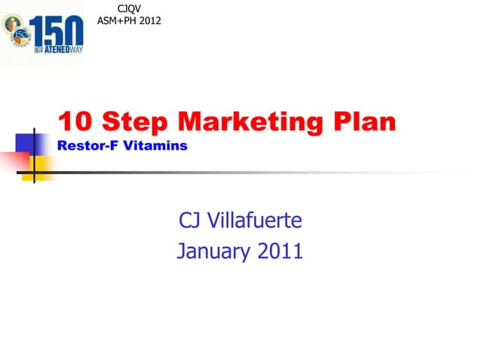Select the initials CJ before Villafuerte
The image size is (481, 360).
189,221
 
